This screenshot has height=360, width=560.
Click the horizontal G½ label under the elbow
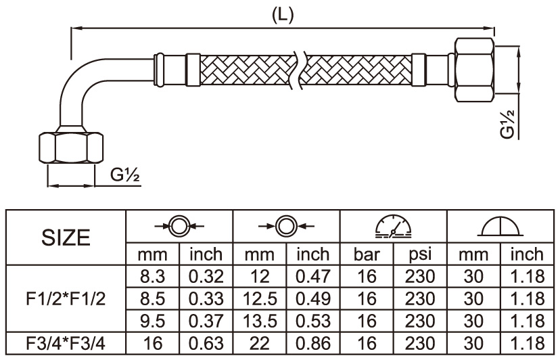(125, 175)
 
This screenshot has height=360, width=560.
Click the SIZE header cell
(66, 238)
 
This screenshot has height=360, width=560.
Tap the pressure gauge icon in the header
(394, 226)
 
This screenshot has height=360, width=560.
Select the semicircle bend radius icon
(500, 226)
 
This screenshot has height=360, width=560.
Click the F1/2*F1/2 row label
(66, 298)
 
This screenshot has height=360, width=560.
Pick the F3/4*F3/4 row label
(66, 343)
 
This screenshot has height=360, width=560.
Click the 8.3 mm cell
(153, 276)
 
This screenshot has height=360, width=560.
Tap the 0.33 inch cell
(206, 298)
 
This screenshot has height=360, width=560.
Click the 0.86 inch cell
(313, 343)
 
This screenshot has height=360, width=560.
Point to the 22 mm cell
(259, 343)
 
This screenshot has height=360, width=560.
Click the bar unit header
(367, 254)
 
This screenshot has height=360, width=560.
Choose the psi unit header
(421, 254)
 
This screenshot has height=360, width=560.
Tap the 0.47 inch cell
(313, 276)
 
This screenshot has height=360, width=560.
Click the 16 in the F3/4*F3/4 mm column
(153, 343)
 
